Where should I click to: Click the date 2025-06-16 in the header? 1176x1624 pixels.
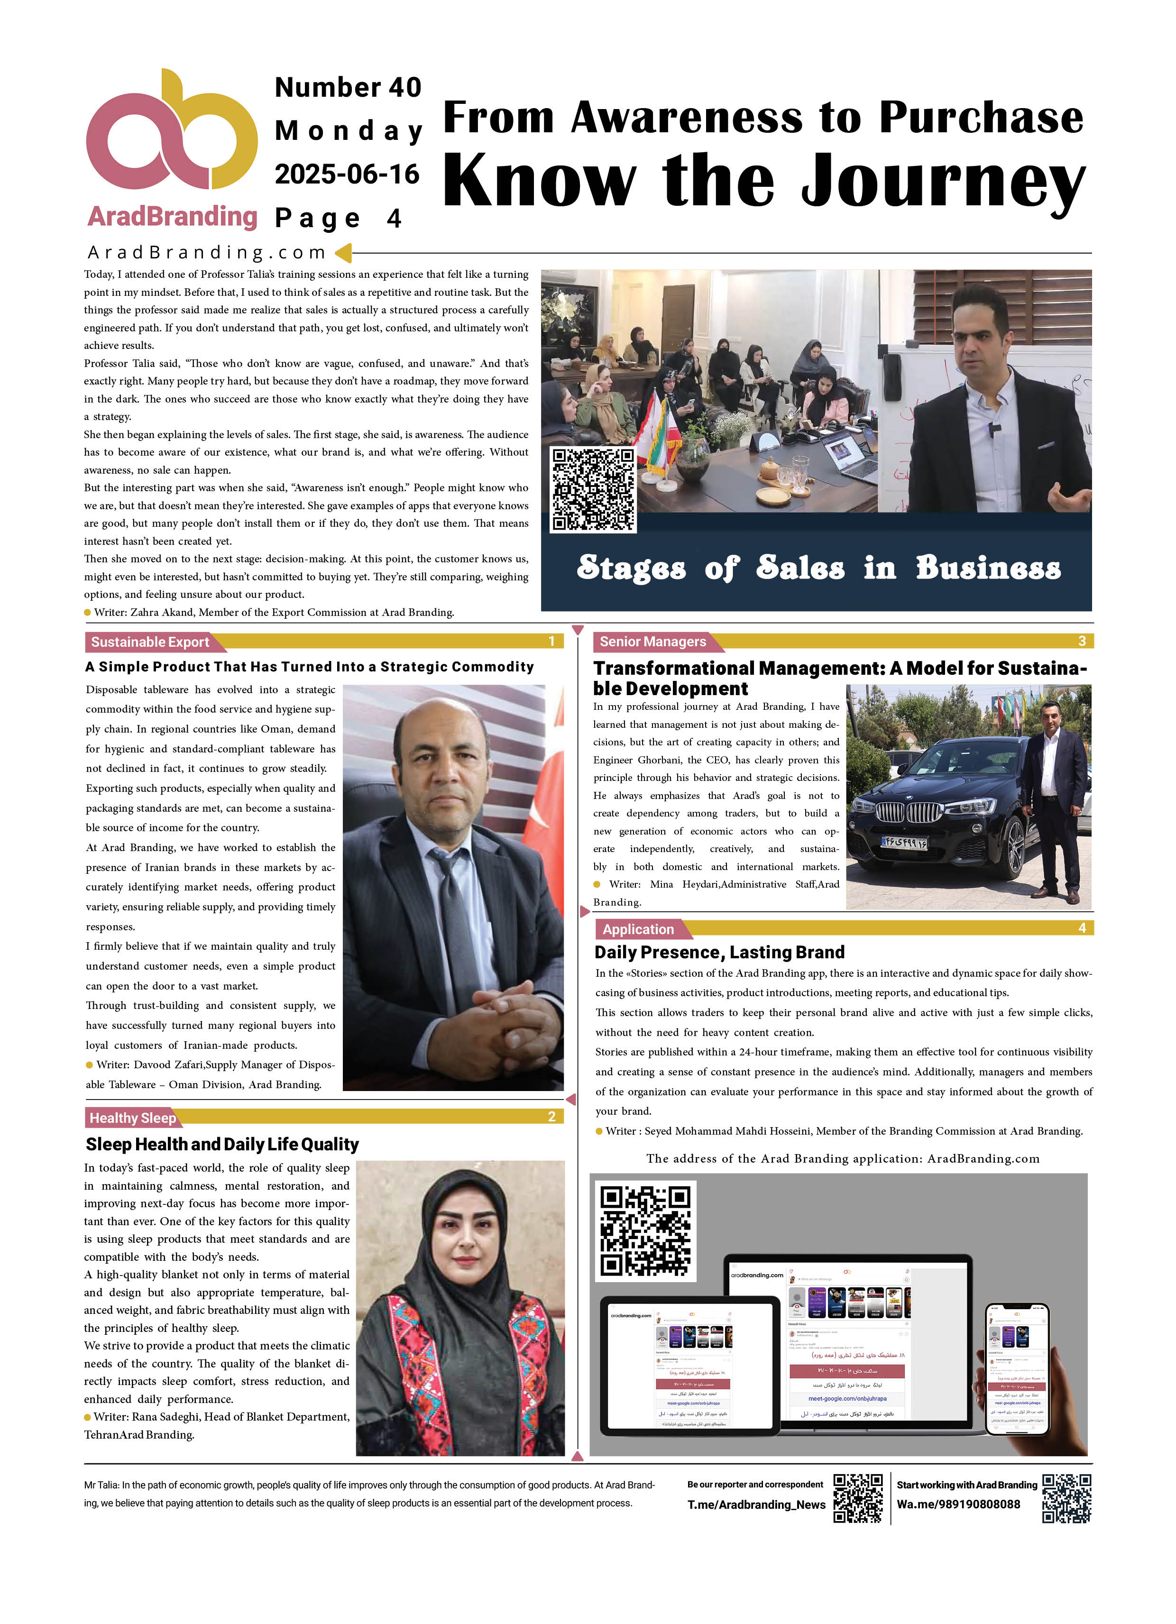tap(347, 174)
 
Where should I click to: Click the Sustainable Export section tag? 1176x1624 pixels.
tap(150, 642)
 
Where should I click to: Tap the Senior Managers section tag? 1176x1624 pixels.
tap(652, 642)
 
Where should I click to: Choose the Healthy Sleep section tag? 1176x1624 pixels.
tap(132, 1118)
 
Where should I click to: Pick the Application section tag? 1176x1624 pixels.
tap(638, 929)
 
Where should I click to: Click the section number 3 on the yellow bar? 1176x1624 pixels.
tap(1082, 642)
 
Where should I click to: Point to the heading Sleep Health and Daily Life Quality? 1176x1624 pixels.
tap(222, 1144)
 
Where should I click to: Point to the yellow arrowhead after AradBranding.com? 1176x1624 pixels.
tap(343, 252)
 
